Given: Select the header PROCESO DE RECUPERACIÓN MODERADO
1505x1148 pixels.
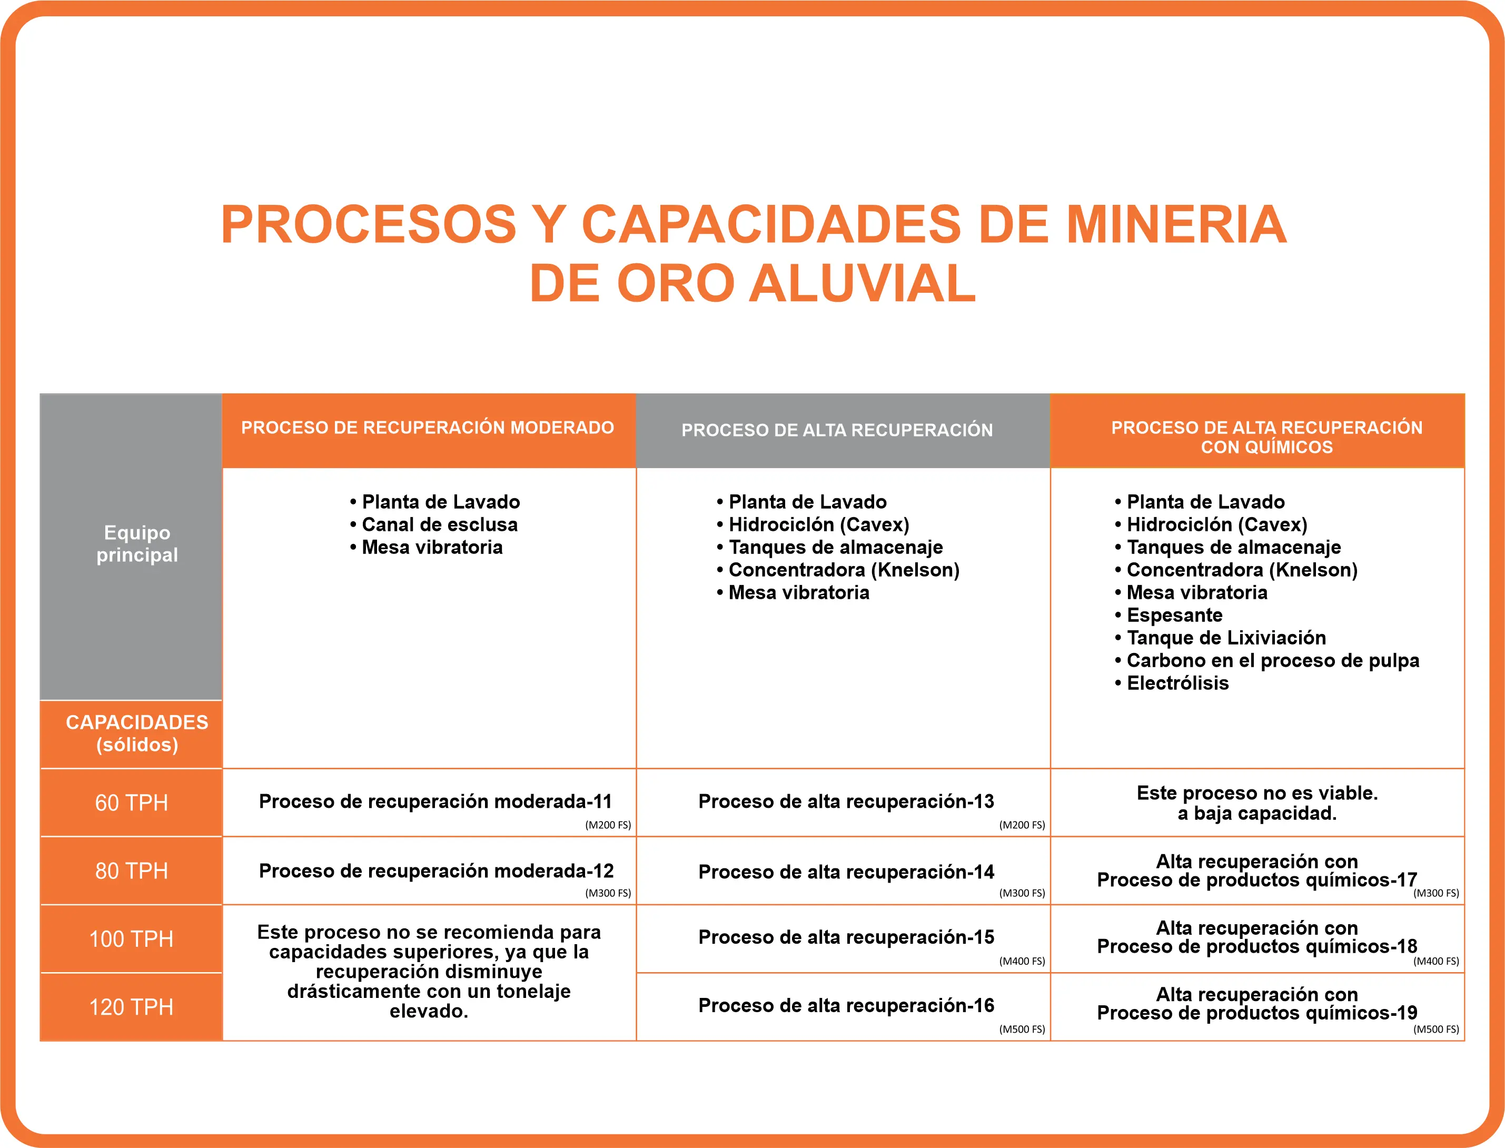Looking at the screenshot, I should click(x=428, y=428).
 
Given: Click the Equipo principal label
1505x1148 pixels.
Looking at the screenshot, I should click(x=136, y=544).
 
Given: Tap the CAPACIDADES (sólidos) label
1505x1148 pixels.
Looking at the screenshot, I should click(x=136, y=733).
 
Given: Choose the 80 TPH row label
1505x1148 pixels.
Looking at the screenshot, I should click(x=131, y=870).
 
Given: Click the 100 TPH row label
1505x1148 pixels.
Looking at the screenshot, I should click(x=131, y=939).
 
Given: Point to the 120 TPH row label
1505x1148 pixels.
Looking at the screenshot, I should click(x=131, y=1006).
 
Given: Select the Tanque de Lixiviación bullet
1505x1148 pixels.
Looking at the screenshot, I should click(x=1225, y=638).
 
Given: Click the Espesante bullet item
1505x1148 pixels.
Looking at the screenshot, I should click(x=1174, y=615).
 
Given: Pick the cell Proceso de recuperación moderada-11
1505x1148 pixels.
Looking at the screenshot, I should click(x=435, y=801).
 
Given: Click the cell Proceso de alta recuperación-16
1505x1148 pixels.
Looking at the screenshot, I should click(x=846, y=1005).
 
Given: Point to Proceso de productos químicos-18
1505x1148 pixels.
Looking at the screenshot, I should click(x=1257, y=946).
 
